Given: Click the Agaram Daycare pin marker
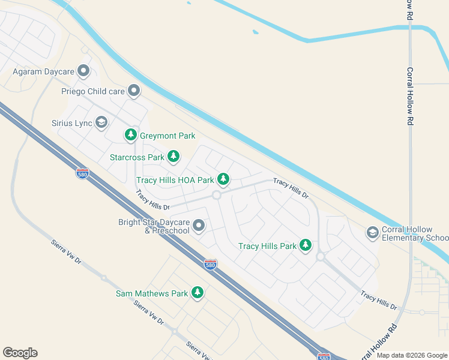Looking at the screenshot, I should [x=83, y=71].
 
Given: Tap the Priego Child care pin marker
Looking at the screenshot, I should [x=133, y=91].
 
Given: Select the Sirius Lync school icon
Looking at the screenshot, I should [x=101, y=123].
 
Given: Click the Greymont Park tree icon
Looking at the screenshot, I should [x=131, y=135].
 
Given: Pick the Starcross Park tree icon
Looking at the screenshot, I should [x=173, y=157].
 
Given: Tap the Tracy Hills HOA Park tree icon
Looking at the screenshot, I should [x=223, y=179].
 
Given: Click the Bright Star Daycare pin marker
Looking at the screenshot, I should [x=199, y=226].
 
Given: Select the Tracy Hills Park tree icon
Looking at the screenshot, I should [x=306, y=245].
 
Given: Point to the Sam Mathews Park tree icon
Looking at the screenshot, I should [x=197, y=293].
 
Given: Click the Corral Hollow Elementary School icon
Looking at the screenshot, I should [x=372, y=232].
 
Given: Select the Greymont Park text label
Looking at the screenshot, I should [x=167, y=136].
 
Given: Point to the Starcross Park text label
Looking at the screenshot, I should [x=137, y=158].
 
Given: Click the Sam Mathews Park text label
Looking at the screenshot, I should [x=152, y=294].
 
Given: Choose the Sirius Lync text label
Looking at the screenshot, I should [x=71, y=124].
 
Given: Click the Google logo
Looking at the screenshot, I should [x=20, y=353].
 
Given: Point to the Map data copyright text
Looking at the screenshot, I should [x=412, y=355].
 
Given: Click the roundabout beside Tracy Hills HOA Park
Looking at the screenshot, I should [x=216, y=194].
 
